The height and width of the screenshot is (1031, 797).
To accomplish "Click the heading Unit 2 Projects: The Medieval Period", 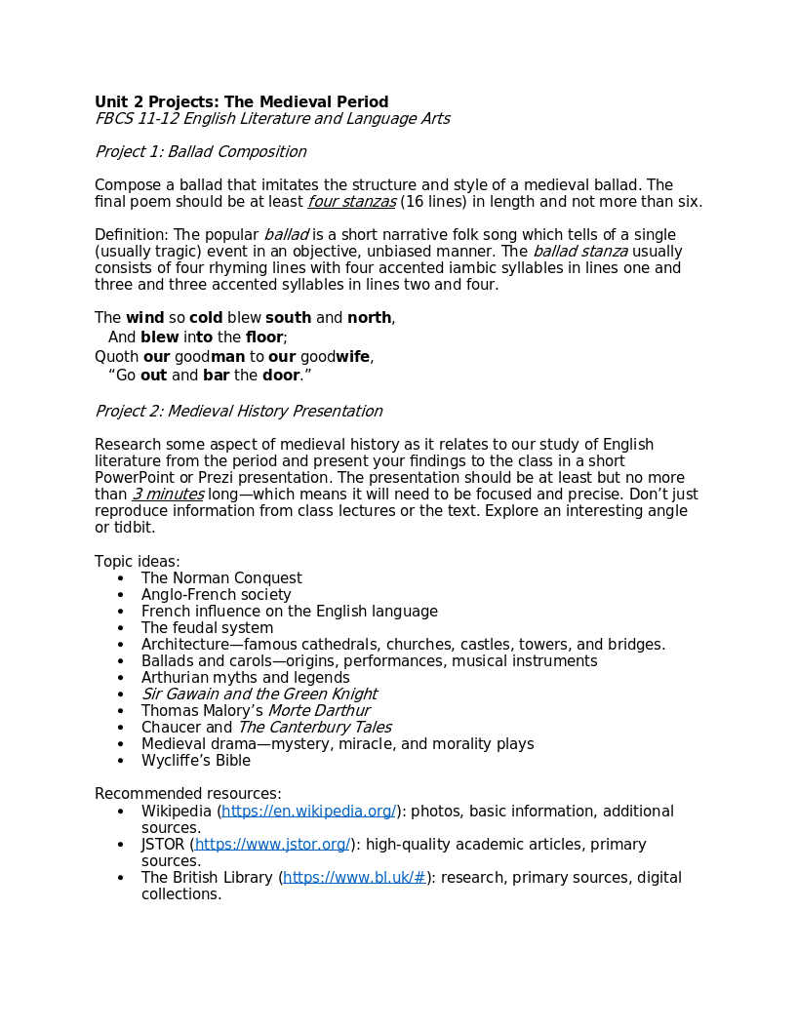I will coord(241,102).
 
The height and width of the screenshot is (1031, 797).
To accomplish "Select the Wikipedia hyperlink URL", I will coord(308,812).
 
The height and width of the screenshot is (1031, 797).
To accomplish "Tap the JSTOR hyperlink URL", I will coord(272,845).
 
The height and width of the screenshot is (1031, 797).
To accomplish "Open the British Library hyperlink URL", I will coord(354,878).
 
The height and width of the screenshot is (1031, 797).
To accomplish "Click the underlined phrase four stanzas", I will coord(352,202).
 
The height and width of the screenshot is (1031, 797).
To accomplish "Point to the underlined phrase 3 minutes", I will coord(168,495).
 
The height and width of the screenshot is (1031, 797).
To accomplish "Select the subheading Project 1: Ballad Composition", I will coord(200,152).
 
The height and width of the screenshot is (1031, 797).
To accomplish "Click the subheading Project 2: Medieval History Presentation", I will coord(238,412).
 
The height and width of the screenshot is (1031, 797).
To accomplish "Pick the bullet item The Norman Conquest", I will coord(221,578).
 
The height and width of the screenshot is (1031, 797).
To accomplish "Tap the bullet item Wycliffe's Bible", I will coord(195,761).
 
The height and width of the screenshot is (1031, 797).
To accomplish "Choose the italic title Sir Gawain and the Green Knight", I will coord(259,694).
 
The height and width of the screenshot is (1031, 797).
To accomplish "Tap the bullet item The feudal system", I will coord(207,628).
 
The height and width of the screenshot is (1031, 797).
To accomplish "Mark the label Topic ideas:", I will coord(137,562).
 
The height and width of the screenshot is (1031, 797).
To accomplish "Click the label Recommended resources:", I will coord(187,794).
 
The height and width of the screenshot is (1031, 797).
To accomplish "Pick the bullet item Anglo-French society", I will coord(216,595).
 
